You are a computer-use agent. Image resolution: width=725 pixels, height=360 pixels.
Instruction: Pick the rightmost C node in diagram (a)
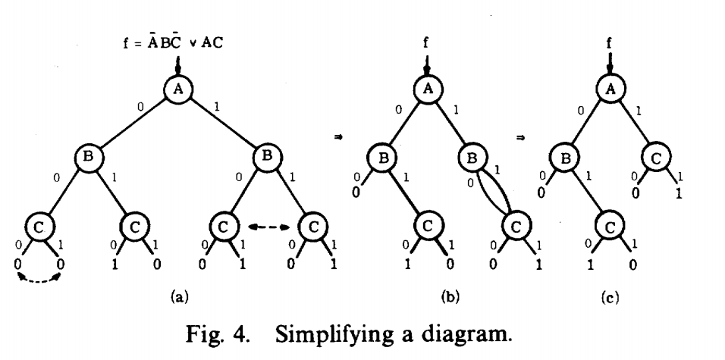[x=312, y=227]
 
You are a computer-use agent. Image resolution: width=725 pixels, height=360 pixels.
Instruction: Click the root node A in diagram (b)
[x=426, y=89]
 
